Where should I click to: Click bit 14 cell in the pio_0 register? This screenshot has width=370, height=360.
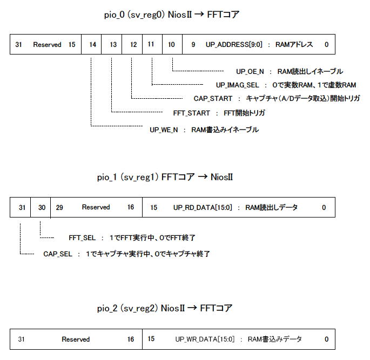point(91,44)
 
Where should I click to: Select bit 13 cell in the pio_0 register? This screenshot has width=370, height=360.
point(112,44)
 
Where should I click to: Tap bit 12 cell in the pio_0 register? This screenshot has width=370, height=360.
point(132,44)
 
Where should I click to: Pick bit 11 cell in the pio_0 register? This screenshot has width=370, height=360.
point(152,44)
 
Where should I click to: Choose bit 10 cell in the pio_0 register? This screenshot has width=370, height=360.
point(172,44)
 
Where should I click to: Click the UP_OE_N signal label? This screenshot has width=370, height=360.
point(250,72)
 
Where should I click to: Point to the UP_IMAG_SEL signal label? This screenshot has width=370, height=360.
point(237,85)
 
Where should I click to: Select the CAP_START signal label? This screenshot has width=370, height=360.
point(213,99)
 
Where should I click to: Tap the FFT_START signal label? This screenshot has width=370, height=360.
point(191,113)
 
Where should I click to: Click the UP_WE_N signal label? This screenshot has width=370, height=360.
point(164,130)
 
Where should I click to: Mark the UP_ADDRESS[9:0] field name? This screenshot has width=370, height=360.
point(234,45)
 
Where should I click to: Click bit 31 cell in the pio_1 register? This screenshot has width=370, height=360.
point(21,207)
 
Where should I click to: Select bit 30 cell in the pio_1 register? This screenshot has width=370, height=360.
point(41,207)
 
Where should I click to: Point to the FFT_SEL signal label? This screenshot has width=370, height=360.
point(82,238)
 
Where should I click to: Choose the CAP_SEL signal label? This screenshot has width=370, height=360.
point(58,254)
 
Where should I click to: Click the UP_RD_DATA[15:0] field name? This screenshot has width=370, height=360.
point(203,207)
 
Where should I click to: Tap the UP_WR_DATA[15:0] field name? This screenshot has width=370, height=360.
point(205,339)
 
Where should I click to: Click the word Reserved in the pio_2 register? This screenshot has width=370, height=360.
point(76,339)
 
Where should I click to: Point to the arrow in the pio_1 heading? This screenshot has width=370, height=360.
point(203,177)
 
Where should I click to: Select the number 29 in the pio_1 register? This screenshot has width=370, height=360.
point(59,207)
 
